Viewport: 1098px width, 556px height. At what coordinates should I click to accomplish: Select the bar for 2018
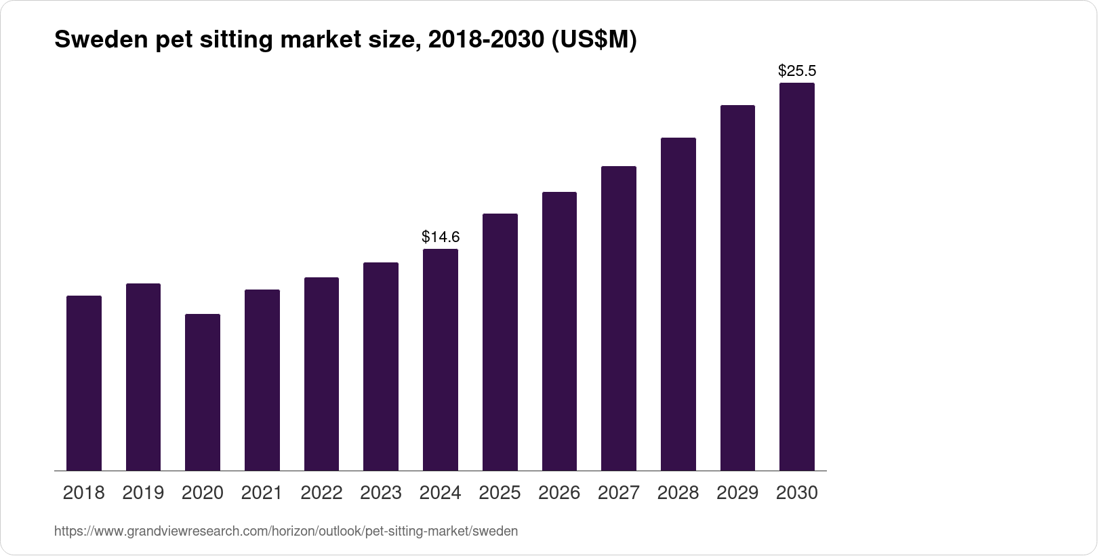(x=84, y=383)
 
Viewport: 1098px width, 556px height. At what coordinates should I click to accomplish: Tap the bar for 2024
(x=441, y=359)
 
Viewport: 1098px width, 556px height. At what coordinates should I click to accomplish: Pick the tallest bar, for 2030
(x=797, y=277)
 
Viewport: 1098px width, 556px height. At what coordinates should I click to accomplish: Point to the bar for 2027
(x=619, y=318)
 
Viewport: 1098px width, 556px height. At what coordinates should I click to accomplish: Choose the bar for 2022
(x=321, y=374)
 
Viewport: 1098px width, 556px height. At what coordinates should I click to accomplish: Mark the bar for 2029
(x=737, y=287)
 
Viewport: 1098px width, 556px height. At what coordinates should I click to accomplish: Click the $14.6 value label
(x=441, y=237)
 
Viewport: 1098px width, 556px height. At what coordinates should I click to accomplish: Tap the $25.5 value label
(x=797, y=71)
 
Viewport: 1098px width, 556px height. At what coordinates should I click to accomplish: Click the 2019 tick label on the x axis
(x=143, y=493)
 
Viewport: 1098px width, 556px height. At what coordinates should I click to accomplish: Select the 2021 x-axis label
(x=262, y=493)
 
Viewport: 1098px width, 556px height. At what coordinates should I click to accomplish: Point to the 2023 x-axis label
(x=381, y=493)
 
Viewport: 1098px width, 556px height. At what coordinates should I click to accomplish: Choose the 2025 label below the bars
(x=500, y=493)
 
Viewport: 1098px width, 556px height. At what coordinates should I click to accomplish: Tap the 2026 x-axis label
(x=559, y=493)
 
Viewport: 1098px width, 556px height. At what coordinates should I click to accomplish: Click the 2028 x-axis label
(x=678, y=493)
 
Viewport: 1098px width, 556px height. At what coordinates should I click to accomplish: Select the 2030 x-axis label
(x=797, y=493)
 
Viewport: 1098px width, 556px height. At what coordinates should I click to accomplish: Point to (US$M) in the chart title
(x=593, y=40)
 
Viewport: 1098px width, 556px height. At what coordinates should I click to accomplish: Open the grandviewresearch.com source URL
(x=285, y=531)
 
